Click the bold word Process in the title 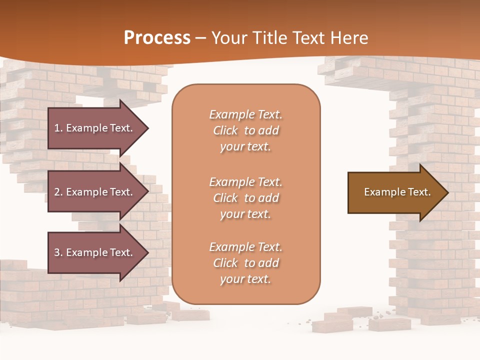pyautogui.click(x=157, y=38)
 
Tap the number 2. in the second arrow pyautogui.click(x=58, y=192)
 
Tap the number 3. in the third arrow pyautogui.click(x=58, y=252)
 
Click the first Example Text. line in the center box pyautogui.click(x=245, y=114)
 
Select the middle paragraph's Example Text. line pyautogui.click(x=245, y=182)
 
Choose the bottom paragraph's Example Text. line pyautogui.click(x=245, y=247)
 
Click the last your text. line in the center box pyautogui.click(x=245, y=279)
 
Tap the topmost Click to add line pyautogui.click(x=245, y=130)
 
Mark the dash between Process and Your pyautogui.click(x=201, y=38)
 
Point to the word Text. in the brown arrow pyautogui.click(x=418, y=192)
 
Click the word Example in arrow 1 pyautogui.click(x=86, y=128)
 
